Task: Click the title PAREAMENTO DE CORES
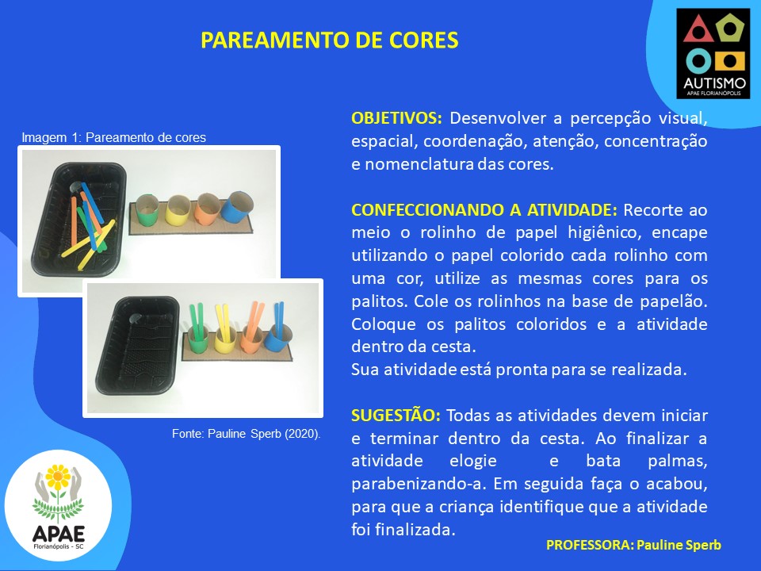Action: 330,40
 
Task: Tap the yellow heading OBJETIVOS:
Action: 396,118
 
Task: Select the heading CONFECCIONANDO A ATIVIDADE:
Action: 484,209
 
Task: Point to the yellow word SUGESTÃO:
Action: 396,416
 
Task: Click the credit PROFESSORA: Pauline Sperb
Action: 633,546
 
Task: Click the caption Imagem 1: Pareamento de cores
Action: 113,137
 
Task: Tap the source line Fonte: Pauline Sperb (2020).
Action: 246,434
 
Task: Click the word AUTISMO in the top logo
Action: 714,83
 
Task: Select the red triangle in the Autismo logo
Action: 698,30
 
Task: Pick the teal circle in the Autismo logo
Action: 699,61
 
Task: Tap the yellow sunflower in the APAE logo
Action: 58,477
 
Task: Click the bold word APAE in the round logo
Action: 58,534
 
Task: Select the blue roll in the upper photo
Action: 237,206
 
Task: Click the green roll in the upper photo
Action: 147,209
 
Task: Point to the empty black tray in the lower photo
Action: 137,345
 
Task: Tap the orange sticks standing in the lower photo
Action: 254,320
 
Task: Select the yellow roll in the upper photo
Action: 177,209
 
